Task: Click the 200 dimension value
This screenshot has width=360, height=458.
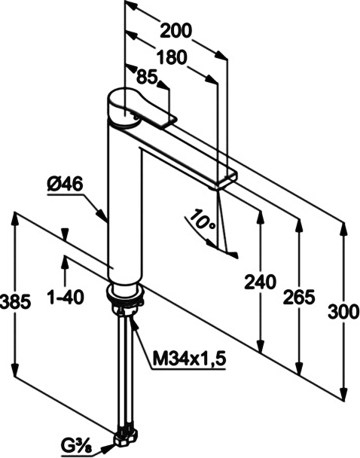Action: [176, 30]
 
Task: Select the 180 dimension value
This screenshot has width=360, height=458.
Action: [172, 57]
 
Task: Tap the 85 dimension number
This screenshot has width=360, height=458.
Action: [147, 78]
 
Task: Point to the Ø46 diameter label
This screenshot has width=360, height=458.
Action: [65, 185]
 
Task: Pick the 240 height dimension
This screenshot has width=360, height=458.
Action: [260, 282]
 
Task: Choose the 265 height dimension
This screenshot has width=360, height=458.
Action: [300, 298]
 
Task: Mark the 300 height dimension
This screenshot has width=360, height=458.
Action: [343, 311]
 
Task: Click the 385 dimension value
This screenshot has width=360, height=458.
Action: [15, 301]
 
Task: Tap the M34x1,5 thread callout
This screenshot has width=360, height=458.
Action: [190, 359]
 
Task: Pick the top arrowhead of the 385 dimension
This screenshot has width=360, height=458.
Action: [14, 218]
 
